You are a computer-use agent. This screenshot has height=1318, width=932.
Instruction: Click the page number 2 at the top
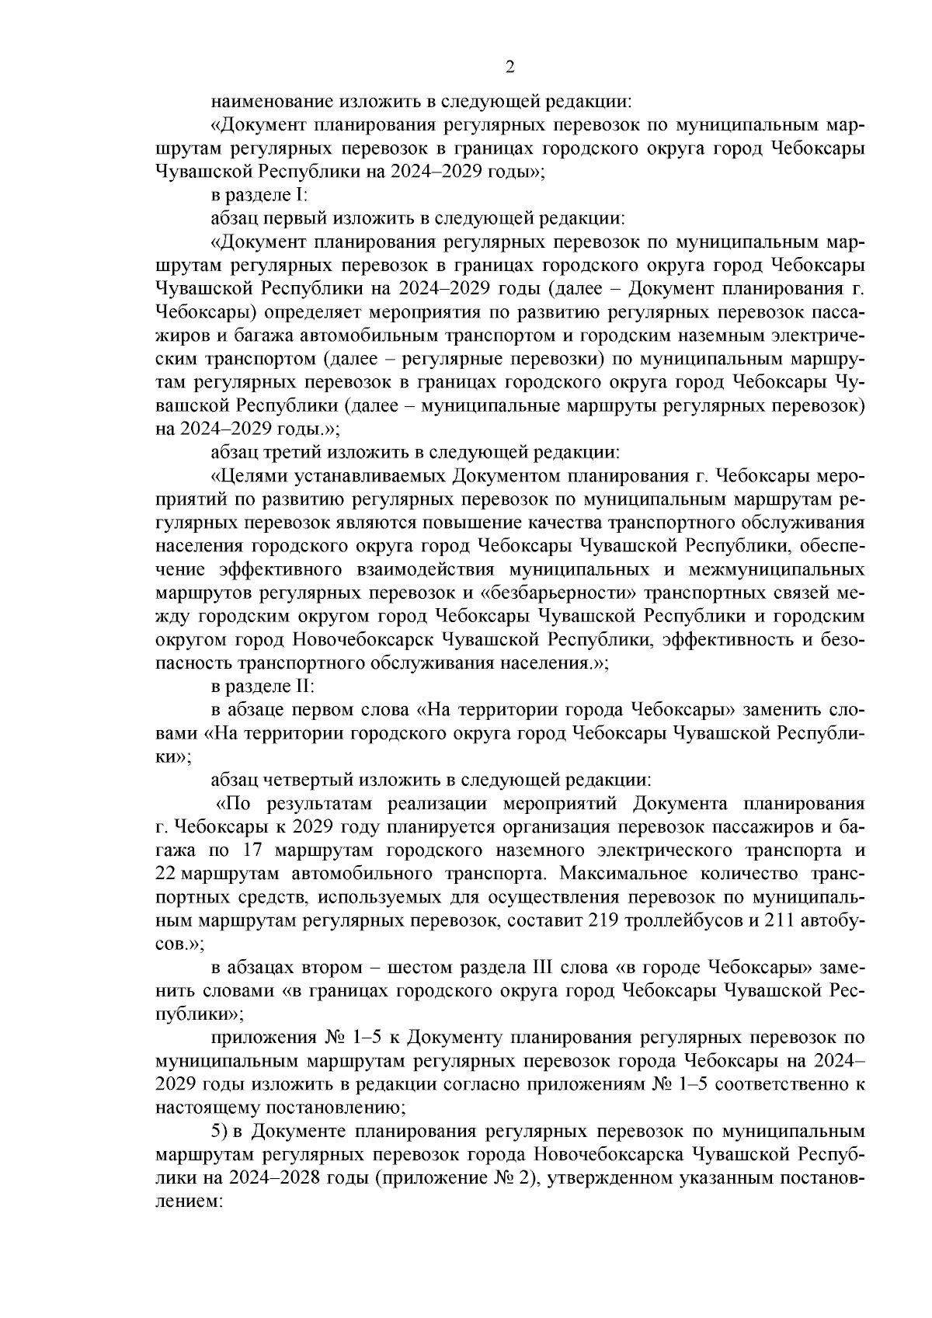[509, 68]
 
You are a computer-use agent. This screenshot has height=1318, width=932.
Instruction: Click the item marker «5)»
[221, 1132]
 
